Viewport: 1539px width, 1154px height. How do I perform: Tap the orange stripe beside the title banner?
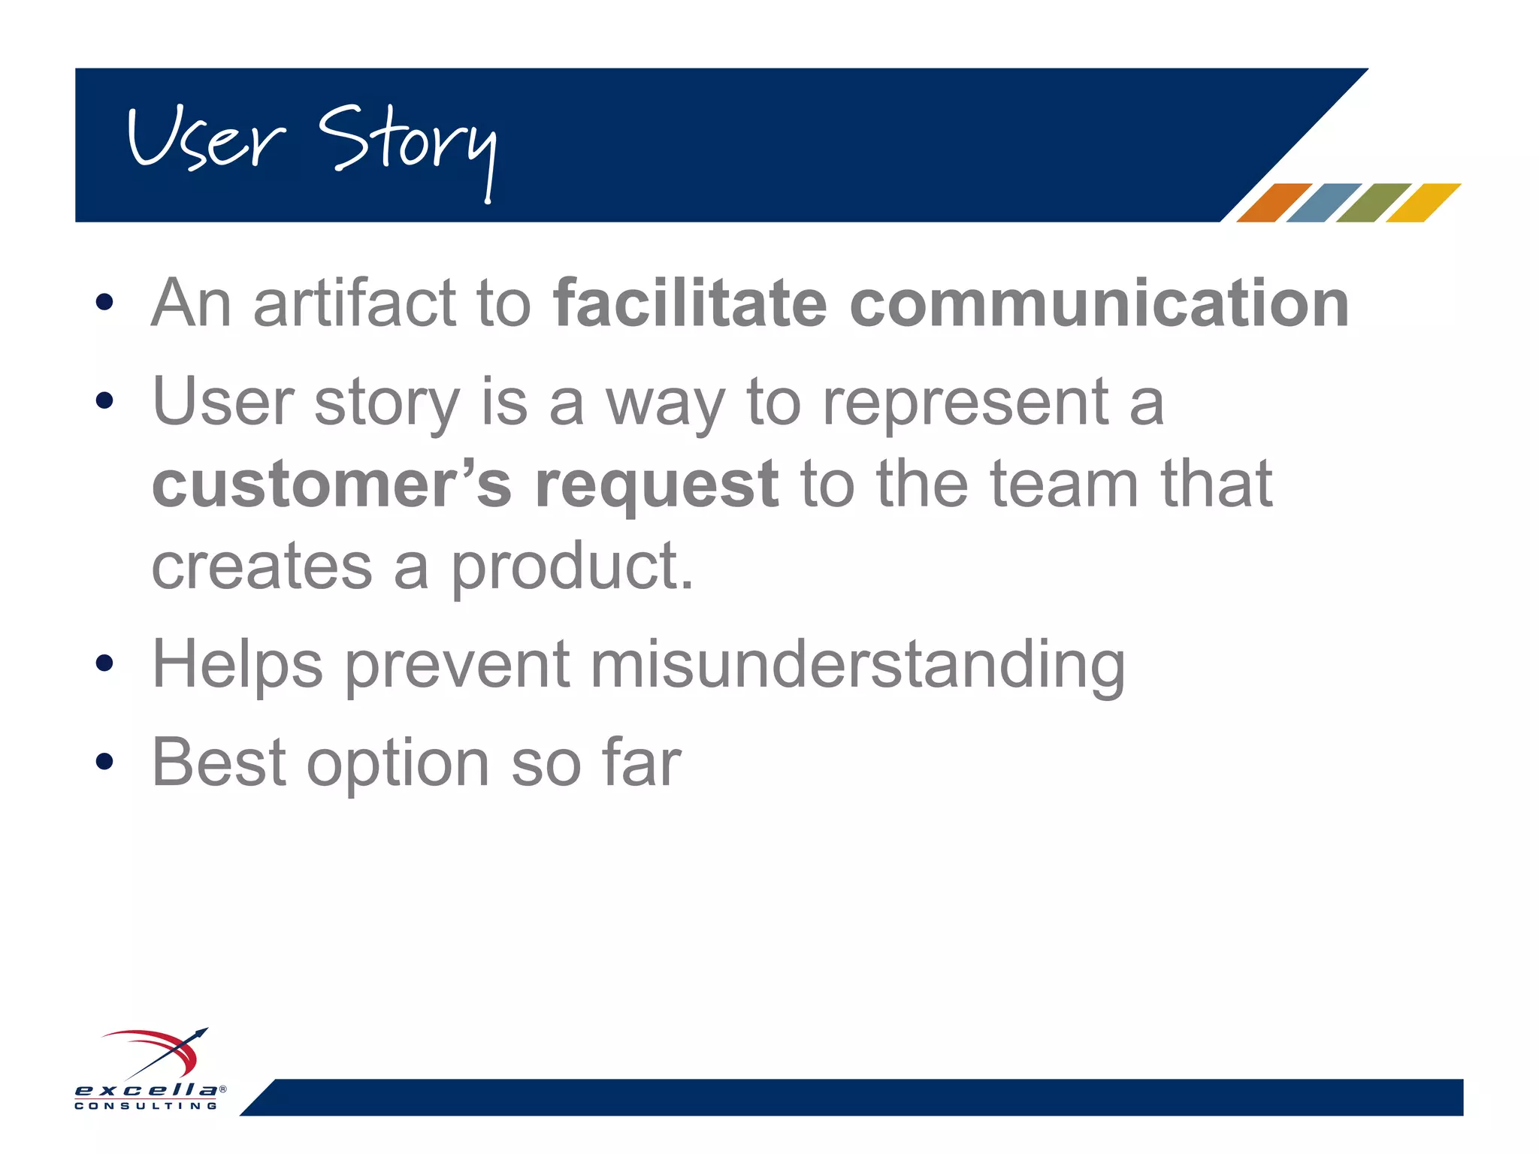1274,203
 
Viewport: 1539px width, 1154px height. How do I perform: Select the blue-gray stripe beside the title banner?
1323,203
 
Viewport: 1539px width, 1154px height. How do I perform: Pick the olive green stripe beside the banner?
1373,203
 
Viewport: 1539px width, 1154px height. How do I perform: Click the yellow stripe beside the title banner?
1423,203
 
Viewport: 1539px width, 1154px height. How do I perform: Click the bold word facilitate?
689,304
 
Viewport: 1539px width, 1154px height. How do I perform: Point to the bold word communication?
1099,304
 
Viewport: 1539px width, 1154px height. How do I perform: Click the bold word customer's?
331,485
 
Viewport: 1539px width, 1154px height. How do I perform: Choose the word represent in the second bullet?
965,403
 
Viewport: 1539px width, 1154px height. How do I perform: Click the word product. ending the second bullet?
571,568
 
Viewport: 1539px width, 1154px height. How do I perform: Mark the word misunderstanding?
857,666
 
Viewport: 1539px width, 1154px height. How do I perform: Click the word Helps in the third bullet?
237,666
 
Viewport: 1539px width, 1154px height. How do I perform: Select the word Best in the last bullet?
219,762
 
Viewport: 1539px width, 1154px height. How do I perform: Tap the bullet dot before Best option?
104,762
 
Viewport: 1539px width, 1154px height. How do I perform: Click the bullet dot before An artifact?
104,304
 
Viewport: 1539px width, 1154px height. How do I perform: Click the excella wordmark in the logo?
147,1090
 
